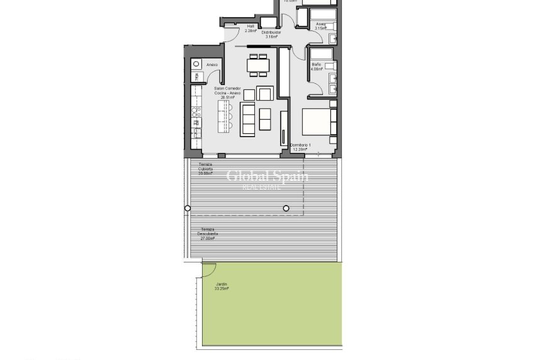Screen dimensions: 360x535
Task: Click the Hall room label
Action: click(x=251, y=28)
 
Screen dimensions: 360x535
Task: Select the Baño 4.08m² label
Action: click(x=316, y=67)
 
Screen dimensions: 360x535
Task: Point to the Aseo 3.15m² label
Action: click(x=321, y=26)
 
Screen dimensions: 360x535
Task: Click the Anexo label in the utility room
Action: click(x=212, y=65)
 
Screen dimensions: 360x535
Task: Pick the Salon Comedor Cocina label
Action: click(x=227, y=93)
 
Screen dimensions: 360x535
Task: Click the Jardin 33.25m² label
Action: click(x=221, y=286)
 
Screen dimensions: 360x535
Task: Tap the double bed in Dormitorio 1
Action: click(x=317, y=122)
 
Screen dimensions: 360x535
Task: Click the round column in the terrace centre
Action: click(x=286, y=208)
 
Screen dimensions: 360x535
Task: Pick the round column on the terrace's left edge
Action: click(x=187, y=208)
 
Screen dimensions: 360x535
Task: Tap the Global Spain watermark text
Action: click(x=267, y=176)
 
